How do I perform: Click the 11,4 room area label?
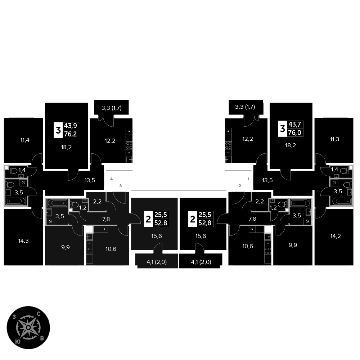25,140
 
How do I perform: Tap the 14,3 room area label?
23,240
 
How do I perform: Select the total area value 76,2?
71,134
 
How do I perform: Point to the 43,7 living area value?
295,125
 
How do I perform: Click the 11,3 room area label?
334,139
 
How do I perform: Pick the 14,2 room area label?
336,236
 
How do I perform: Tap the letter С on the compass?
39,314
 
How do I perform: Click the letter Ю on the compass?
18,341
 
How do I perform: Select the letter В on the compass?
42,338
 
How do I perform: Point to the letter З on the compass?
14,317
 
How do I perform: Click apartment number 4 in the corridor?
111,179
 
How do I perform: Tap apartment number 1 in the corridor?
248,179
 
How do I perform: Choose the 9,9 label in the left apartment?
66,247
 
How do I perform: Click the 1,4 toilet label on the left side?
22,170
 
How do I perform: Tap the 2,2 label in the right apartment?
260,201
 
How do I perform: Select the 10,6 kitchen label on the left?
111,249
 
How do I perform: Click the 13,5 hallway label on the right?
267,180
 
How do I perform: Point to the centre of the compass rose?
28,327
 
